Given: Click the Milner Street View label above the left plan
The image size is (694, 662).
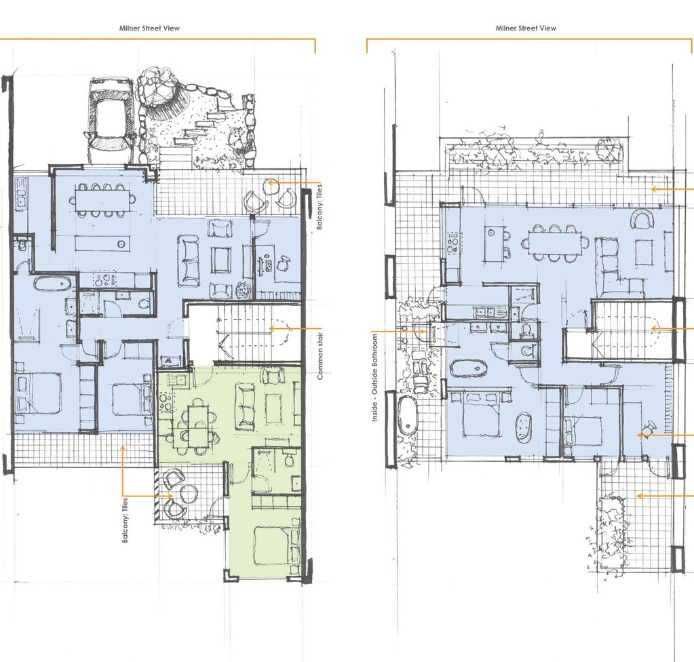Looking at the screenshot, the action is point(149,28).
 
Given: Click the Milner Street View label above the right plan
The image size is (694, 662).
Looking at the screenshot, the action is point(525,28).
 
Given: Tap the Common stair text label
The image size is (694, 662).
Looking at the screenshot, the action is point(320,356).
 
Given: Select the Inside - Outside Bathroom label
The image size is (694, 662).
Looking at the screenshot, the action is point(375,377).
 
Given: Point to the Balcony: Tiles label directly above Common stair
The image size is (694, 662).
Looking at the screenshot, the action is point(319,207).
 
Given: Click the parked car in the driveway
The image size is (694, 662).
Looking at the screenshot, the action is point(110,119).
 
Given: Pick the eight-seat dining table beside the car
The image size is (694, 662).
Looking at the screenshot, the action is point(102,201).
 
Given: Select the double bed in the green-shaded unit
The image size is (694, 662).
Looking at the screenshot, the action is point(276,545).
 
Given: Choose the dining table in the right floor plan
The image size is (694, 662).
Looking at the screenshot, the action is point(555,243).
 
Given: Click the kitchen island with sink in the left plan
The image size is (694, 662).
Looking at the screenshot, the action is point(102,243).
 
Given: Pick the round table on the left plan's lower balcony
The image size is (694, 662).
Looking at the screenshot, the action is point(189,493).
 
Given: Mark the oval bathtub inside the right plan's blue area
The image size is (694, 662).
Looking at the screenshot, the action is point(468,368).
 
